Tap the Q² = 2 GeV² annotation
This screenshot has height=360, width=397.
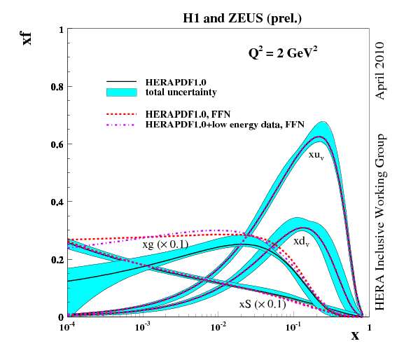(x=289, y=52)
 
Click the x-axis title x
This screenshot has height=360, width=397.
(x=355, y=335)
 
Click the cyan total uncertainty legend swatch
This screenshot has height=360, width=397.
(x=123, y=92)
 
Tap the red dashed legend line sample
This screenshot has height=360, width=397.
(x=123, y=113)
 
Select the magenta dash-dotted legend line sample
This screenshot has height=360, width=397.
(x=123, y=123)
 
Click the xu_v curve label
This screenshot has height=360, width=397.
(x=316, y=155)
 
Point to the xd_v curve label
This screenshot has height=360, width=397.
(x=303, y=241)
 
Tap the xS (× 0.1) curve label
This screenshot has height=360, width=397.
(x=263, y=305)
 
